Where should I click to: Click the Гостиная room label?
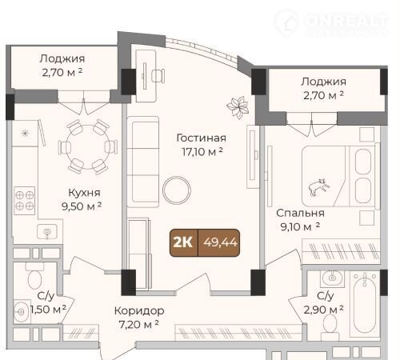(x=202, y=138)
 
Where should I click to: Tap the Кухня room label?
(x=85, y=193)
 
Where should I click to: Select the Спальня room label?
(x=300, y=213)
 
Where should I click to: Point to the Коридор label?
(x=139, y=310)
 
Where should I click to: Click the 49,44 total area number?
(x=220, y=242)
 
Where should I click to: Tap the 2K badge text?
(x=183, y=242)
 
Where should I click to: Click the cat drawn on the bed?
(x=319, y=187)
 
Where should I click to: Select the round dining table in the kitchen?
(x=88, y=147)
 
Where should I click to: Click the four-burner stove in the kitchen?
(x=25, y=201)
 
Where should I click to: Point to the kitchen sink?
(x=47, y=231)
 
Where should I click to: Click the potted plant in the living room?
(x=238, y=106)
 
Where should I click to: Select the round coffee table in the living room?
(x=177, y=190)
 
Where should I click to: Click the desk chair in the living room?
(x=158, y=75)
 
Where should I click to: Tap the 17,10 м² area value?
(x=202, y=152)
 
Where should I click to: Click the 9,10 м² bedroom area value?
(x=300, y=226)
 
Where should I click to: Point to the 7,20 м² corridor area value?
(x=138, y=325)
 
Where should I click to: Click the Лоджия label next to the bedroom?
(x=324, y=82)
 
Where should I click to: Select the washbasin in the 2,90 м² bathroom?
(x=332, y=278)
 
